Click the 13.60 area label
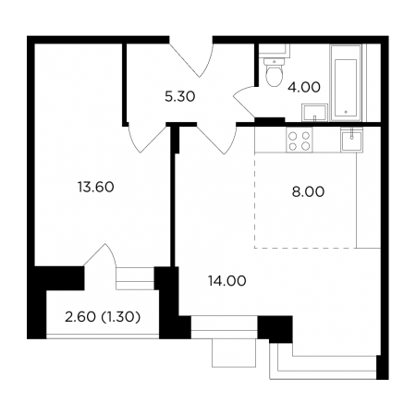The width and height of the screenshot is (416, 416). tap(96, 187)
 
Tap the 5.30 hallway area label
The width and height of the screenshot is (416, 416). tap(180, 97)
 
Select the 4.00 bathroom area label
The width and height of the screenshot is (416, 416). tap(304, 87)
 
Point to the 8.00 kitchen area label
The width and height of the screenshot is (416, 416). tap(308, 191)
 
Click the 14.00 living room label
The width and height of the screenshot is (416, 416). tap(227, 281)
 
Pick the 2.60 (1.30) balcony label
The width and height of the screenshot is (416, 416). tap(103, 317)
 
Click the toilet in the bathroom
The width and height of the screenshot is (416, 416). tap(274, 72)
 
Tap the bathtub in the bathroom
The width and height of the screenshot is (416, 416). tap(346, 82)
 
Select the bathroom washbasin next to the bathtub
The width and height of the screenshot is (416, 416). tap(314, 113)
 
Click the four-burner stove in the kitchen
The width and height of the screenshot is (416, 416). tap(300, 140)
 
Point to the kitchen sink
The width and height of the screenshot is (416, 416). tap(351, 140)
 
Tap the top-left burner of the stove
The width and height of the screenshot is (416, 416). tap(293, 136)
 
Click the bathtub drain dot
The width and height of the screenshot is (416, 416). tap(346, 112)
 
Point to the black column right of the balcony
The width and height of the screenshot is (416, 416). tap(169, 302)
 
